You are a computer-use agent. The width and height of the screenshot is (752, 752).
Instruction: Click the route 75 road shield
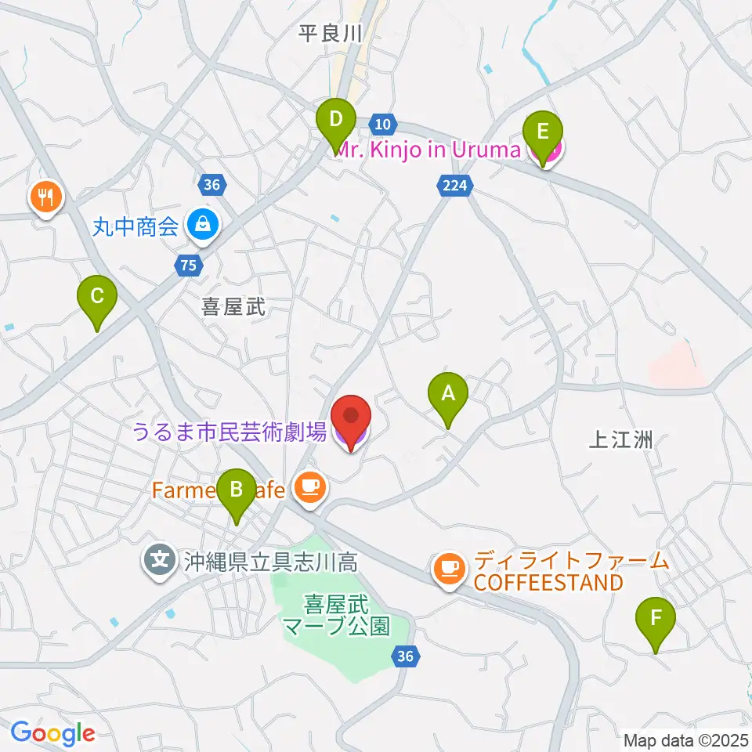(x=187, y=266)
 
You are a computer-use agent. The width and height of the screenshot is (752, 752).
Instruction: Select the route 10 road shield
(x=381, y=124)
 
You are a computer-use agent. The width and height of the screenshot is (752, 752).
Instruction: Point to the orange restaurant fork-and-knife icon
(x=45, y=197)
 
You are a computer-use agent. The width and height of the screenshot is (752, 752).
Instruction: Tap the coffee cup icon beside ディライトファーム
(x=448, y=567)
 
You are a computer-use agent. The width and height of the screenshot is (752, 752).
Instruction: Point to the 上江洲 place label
(x=620, y=440)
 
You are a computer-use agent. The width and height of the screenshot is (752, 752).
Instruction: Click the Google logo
(x=53, y=733)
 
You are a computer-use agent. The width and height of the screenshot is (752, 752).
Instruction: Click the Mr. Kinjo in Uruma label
(x=428, y=150)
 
